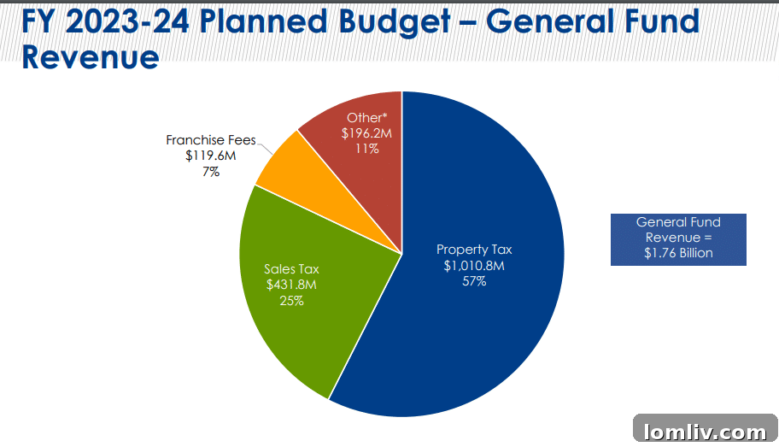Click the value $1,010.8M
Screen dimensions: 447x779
point(474,266)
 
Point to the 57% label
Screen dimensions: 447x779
point(474,281)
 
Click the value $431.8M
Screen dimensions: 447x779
point(291,285)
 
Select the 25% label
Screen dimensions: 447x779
point(291,301)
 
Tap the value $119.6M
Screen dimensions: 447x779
point(210,156)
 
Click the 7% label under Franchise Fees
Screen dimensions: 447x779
point(210,171)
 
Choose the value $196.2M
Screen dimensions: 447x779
point(366,133)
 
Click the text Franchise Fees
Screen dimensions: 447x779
point(210,140)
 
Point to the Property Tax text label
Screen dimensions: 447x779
point(474,250)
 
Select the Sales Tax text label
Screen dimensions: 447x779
point(291,269)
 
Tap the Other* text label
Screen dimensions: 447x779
point(366,118)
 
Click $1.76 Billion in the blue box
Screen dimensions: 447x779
point(678,253)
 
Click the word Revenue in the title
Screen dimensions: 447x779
point(90,57)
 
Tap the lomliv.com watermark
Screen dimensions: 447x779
point(705,430)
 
